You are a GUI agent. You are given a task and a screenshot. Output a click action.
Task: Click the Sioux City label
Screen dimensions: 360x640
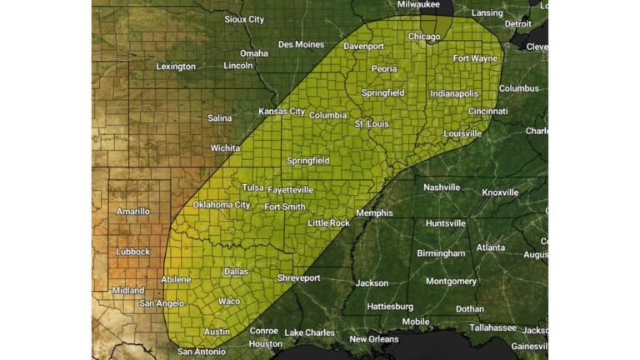pos(244,18)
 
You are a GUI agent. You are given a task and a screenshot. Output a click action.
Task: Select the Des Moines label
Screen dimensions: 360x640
pos(302,44)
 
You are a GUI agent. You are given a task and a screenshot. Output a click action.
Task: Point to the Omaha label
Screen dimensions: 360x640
pos(254,53)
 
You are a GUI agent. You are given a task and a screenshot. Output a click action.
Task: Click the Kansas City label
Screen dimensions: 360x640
pos(282,112)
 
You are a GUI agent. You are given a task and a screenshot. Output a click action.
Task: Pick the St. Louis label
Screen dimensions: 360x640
pos(372,124)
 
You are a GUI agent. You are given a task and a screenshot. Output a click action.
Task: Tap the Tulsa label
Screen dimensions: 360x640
pos(253,187)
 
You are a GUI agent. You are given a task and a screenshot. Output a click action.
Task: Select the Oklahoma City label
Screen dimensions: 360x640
pos(222,205)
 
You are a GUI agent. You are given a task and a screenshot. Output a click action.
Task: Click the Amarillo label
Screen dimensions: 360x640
pos(133,212)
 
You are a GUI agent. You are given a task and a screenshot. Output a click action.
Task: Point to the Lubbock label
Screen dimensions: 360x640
pos(132,251)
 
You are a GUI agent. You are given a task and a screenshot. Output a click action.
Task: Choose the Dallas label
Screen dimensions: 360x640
pos(236,272)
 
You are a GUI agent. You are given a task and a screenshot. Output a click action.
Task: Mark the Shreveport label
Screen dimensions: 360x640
pos(298,277)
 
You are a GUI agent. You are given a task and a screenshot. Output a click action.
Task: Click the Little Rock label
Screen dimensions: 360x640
pos(328,223)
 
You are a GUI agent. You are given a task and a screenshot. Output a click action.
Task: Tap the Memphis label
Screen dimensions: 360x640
pos(374,212)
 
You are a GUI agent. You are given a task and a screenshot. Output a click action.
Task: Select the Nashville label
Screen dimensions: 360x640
pos(442,187)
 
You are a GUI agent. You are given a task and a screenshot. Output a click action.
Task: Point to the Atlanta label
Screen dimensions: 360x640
pos(491,247)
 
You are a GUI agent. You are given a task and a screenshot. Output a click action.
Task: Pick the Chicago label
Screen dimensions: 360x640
pos(424,37)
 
